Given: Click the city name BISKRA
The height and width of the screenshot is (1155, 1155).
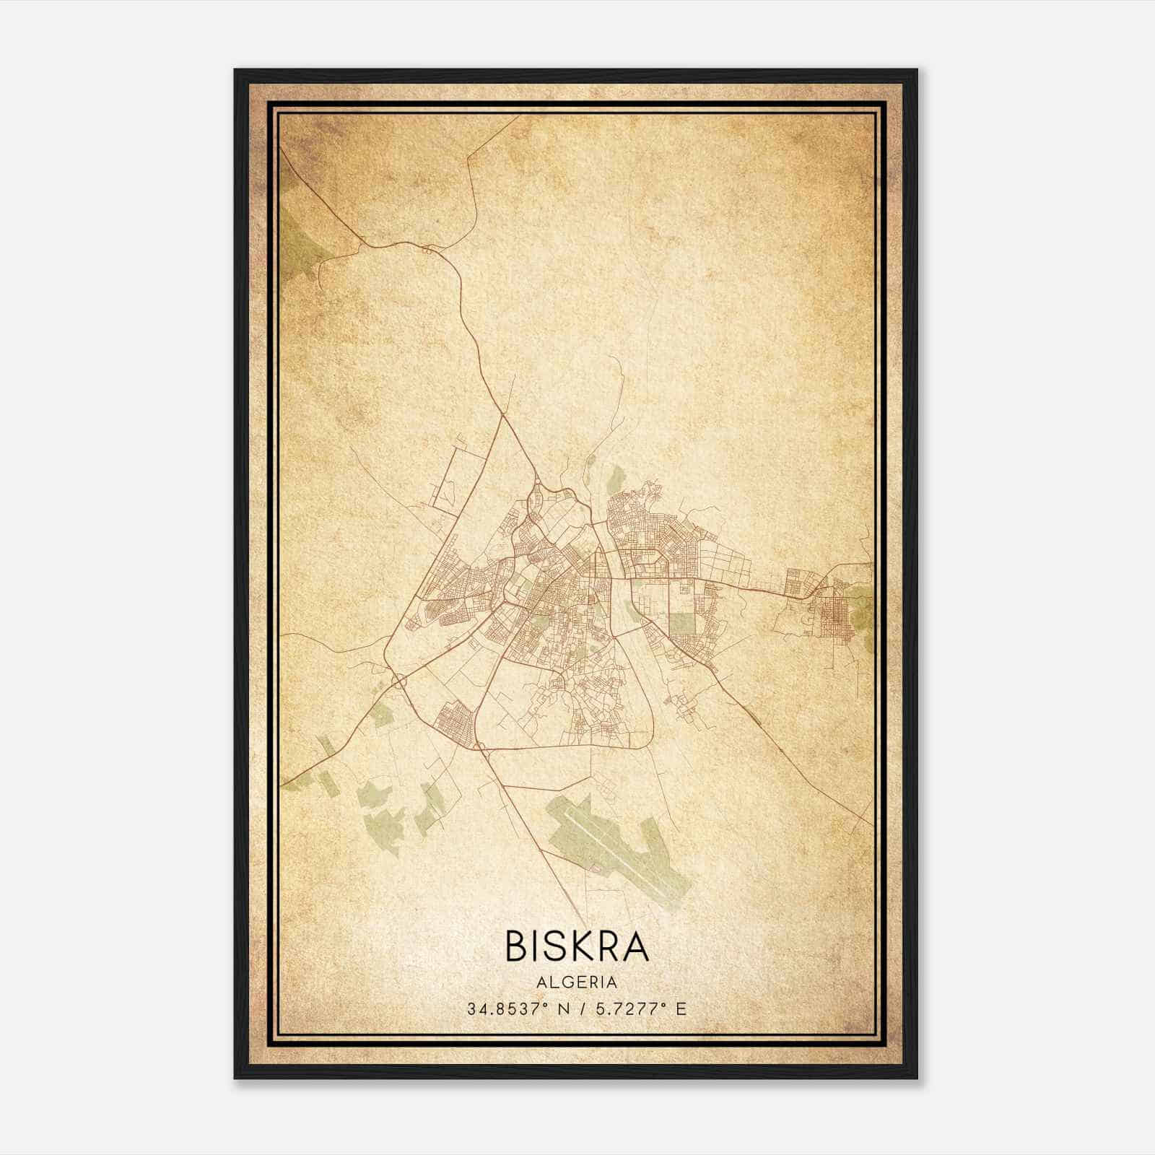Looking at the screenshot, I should [x=577, y=946].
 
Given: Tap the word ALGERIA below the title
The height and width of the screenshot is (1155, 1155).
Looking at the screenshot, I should [x=577, y=982].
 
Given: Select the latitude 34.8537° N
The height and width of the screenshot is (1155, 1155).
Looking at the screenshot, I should [x=512, y=1008].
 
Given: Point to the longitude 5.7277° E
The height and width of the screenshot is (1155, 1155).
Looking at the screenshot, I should [x=639, y=1008].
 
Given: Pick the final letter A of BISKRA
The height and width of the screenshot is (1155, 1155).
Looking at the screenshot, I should [x=636, y=946].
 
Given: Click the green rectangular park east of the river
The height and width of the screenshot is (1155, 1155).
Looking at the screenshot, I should [x=681, y=622].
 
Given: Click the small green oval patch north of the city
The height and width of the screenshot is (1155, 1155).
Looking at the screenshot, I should [x=616, y=477].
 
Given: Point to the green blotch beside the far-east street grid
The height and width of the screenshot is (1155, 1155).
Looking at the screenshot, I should [x=860, y=606].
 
